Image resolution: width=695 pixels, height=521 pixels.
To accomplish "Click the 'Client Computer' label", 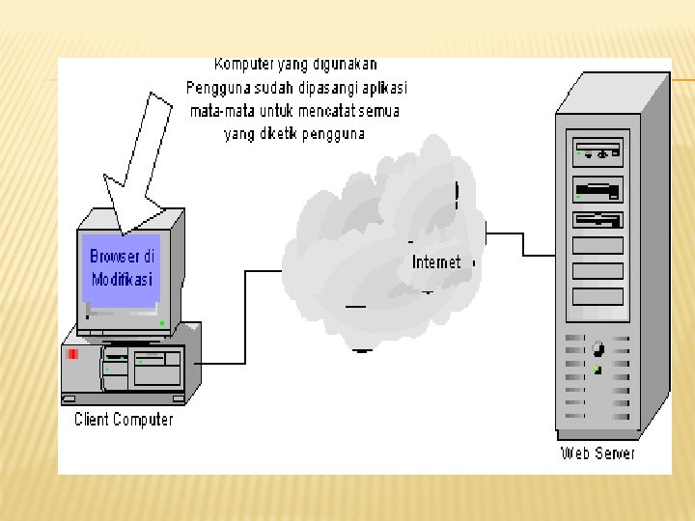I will coord(124,420).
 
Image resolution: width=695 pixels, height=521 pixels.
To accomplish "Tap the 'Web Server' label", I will coord(598,452).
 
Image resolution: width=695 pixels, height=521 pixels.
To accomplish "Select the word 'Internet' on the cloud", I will coord(436,262).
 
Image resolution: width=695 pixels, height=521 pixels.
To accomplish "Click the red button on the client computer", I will coord(73,354).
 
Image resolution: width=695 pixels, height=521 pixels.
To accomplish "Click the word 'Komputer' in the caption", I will coord(244,65).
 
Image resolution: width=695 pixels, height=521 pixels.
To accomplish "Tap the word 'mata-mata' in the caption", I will coord(221,111).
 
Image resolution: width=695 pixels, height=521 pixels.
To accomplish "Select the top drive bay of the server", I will coord(598,151).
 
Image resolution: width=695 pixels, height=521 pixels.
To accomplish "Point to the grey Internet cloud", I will coord(376,241).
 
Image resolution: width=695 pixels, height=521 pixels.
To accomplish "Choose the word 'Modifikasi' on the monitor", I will coord(123,280).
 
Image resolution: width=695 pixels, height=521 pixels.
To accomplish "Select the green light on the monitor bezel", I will coord(162,322).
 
